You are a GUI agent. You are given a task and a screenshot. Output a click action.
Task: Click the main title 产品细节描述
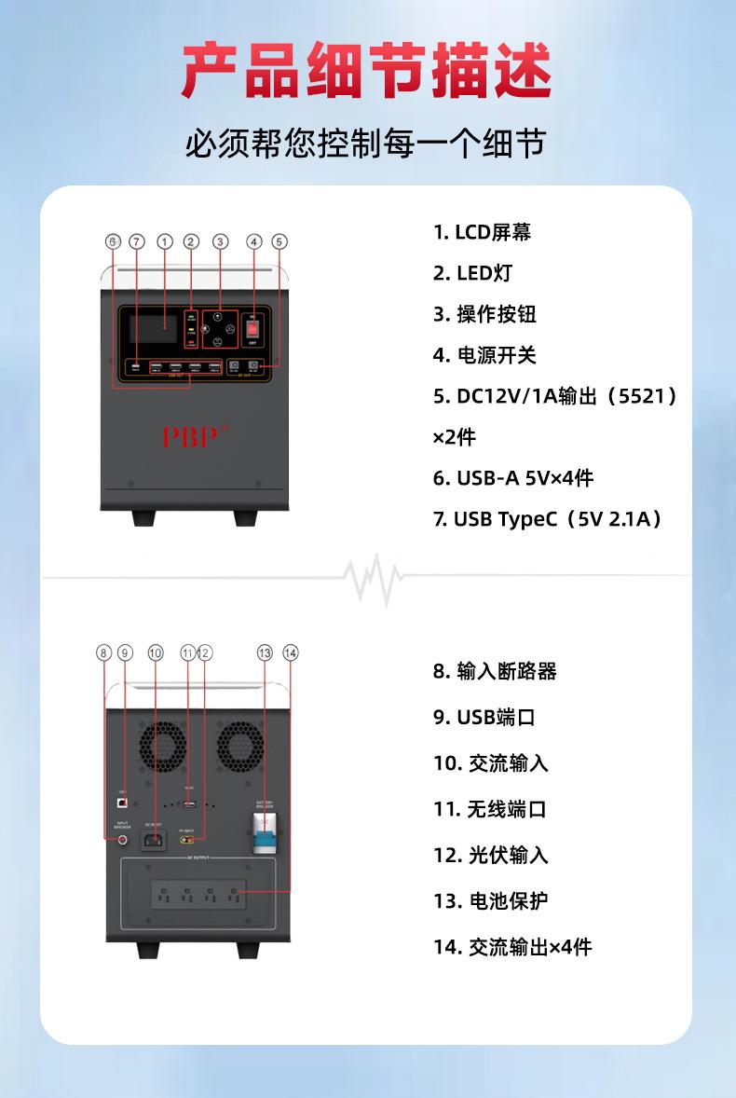(x=367, y=71)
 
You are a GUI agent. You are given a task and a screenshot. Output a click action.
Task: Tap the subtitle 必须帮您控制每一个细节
(x=367, y=144)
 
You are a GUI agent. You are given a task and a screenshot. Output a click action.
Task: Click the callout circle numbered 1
(x=165, y=241)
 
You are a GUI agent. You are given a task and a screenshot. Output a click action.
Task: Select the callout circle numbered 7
(x=137, y=241)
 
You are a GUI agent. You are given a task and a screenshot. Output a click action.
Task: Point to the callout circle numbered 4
(x=253, y=241)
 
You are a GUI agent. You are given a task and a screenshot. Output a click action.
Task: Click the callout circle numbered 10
(x=155, y=652)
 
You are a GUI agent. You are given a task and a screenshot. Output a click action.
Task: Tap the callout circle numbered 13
(x=265, y=652)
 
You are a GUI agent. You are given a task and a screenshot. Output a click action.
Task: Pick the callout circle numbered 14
(x=291, y=652)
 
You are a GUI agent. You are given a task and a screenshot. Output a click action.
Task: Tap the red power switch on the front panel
(x=252, y=329)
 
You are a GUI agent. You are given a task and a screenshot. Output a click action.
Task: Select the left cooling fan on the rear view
(x=164, y=748)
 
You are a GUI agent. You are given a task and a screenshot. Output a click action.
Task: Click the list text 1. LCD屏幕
(x=482, y=232)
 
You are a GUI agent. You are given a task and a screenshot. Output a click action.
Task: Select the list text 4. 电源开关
(x=484, y=355)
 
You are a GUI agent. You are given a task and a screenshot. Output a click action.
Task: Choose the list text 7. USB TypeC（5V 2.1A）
(x=548, y=519)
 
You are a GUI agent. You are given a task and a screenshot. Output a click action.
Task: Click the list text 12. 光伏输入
(x=490, y=855)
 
